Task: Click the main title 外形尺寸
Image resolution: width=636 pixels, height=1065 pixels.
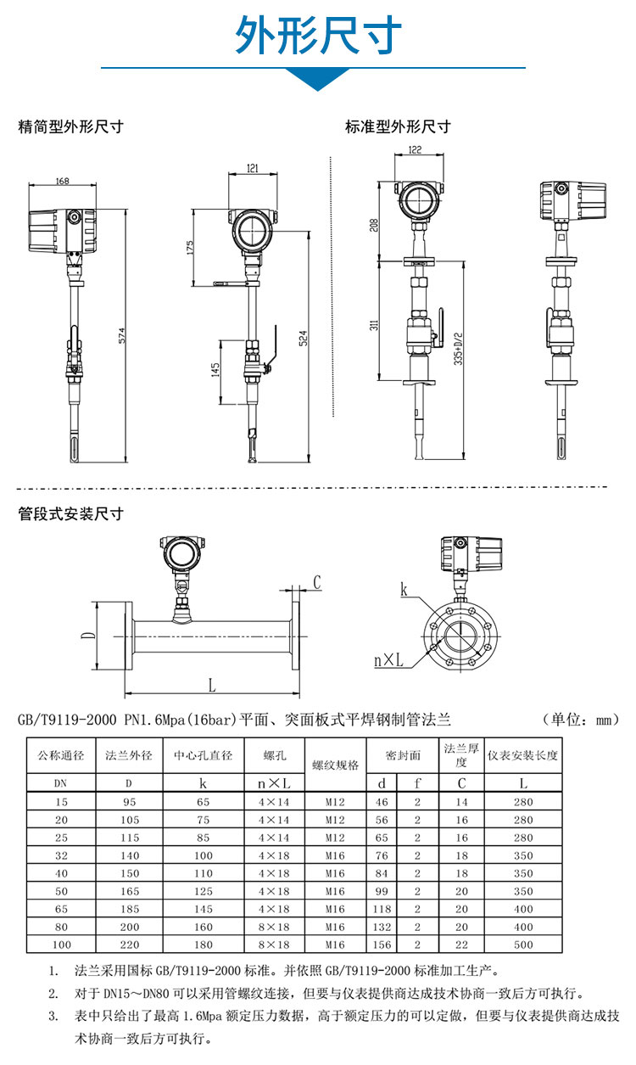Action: pyautogui.click(x=318, y=35)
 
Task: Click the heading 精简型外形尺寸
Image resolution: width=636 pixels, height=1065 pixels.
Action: pyautogui.click(x=71, y=127)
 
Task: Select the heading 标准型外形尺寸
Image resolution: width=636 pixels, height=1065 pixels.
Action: pyautogui.click(x=398, y=127)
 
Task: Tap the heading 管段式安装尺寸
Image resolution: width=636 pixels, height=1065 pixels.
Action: pyautogui.click(x=71, y=514)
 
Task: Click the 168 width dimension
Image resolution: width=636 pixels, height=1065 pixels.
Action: pyautogui.click(x=63, y=181)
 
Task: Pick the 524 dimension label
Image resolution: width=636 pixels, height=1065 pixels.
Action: pyautogui.click(x=302, y=336)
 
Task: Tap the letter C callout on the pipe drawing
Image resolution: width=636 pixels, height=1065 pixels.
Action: pyautogui.click(x=316, y=582)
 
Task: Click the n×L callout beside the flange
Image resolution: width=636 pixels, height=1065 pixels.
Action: pyautogui.click(x=388, y=659)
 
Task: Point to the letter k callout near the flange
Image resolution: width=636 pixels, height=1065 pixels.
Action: pyautogui.click(x=404, y=588)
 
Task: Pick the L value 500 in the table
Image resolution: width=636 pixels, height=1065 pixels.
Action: pyautogui.click(x=523, y=944)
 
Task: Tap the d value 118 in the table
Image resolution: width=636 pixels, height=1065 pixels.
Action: pyautogui.click(x=382, y=908)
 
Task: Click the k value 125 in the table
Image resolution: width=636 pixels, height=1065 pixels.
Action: pyautogui.click(x=203, y=891)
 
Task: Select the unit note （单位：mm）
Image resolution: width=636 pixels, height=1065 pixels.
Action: pyautogui.click(x=581, y=720)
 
